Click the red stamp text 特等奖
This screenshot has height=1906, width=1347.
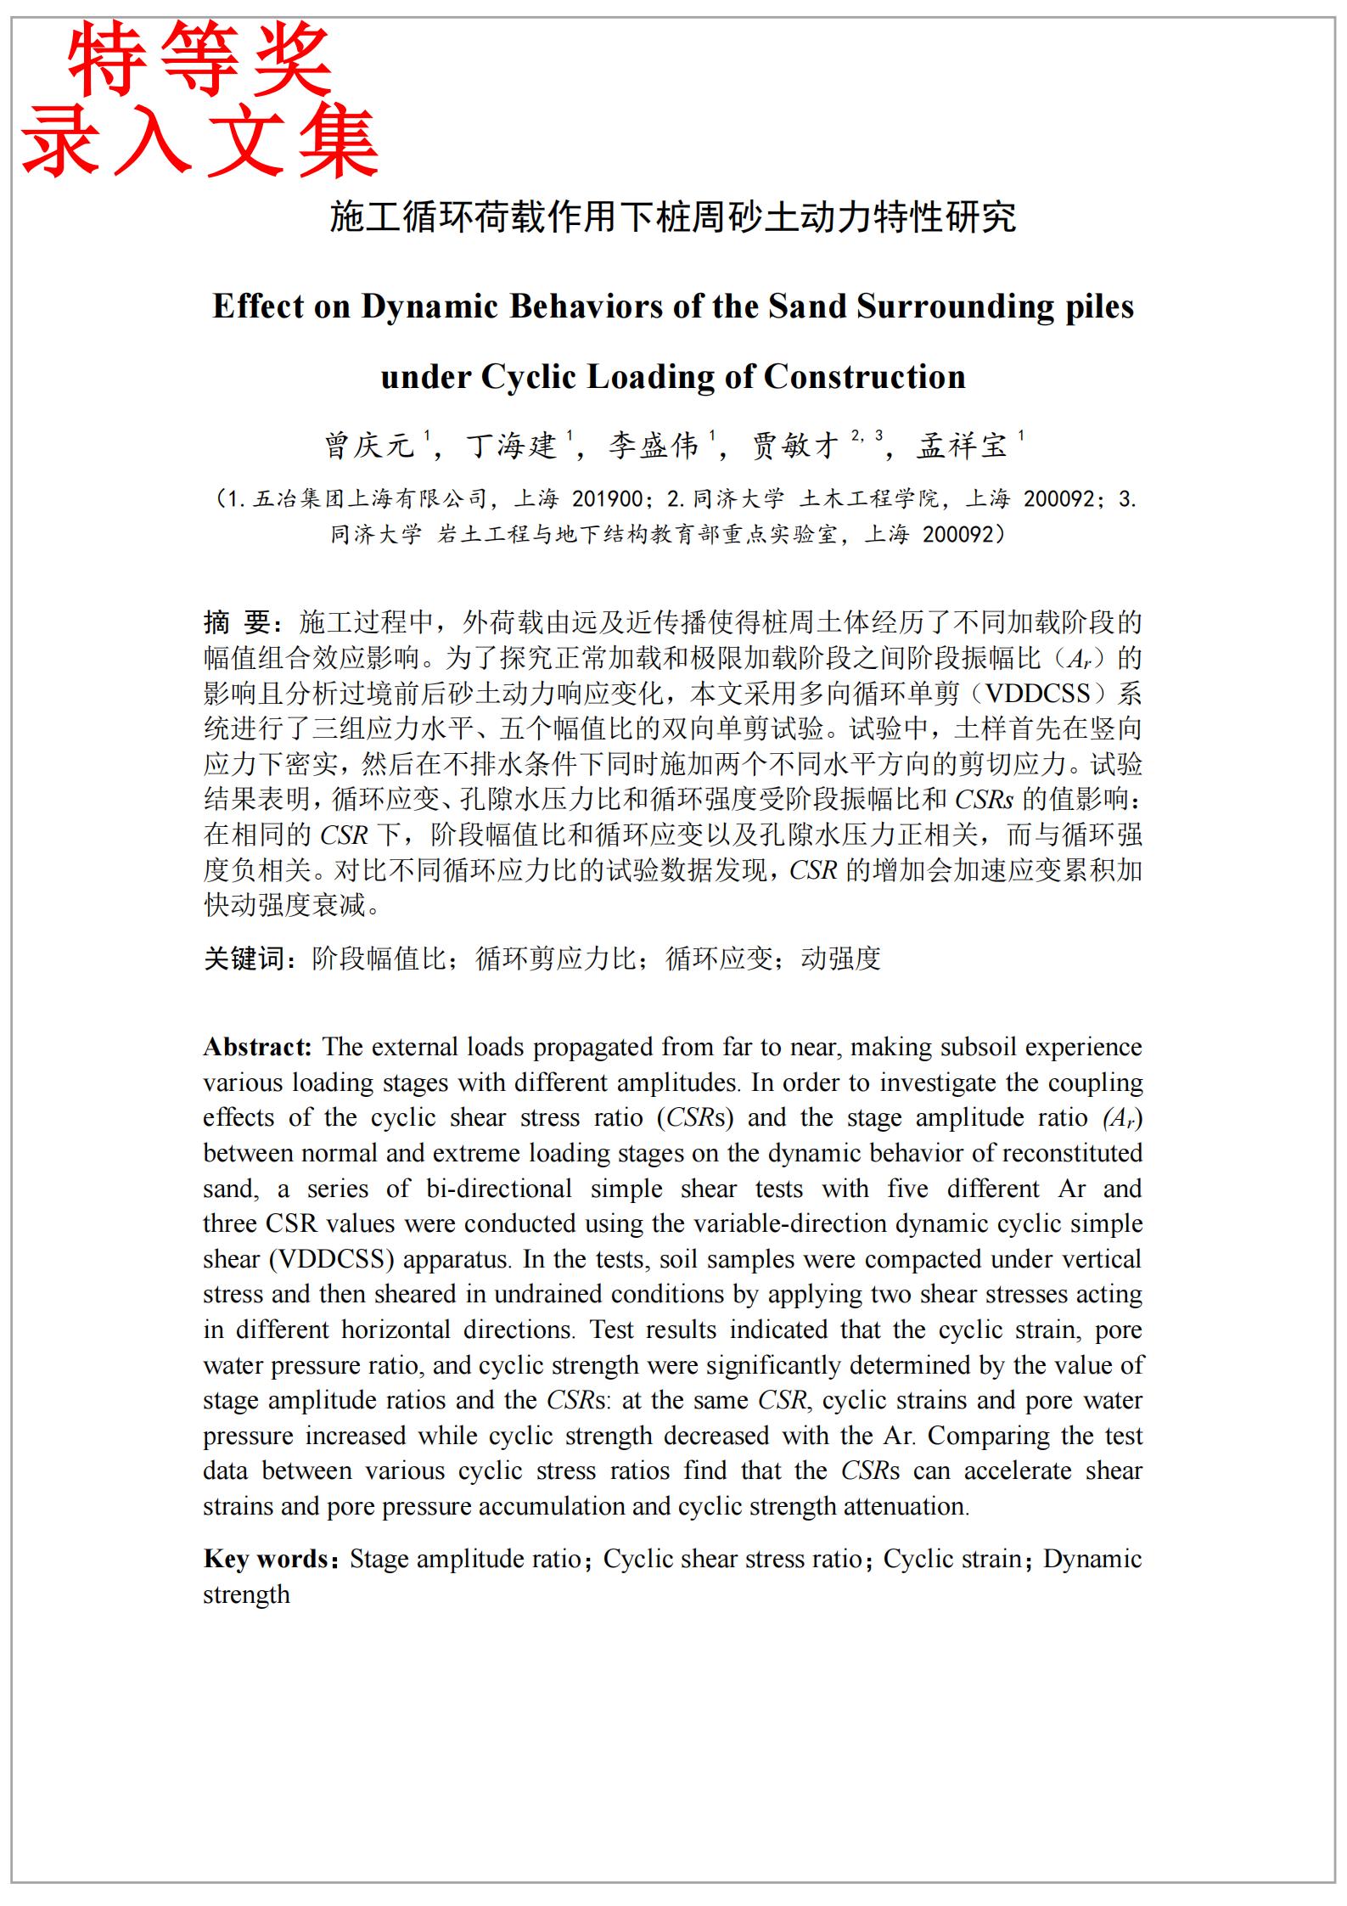click(199, 59)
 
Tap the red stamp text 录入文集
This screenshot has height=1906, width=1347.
click(199, 142)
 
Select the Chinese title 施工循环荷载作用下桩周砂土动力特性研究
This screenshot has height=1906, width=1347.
click(672, 217)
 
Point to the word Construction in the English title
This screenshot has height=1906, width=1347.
click(864, 377)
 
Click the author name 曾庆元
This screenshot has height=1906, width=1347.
click(369, 446)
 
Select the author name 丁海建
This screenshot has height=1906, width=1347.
click(512, 446)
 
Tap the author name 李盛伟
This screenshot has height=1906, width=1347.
click(654, 446)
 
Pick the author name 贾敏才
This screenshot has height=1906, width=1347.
click(796, 446)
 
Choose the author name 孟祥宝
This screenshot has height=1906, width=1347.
click(962, 446)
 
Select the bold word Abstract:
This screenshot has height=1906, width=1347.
click(258, 1047)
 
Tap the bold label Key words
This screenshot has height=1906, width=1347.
click(266, 1559)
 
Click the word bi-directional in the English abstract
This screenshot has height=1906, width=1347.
click(499, 1189)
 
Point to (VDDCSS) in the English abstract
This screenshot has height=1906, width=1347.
click(332, 1259)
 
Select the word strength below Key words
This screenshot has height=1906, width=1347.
click(246, 1594)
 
